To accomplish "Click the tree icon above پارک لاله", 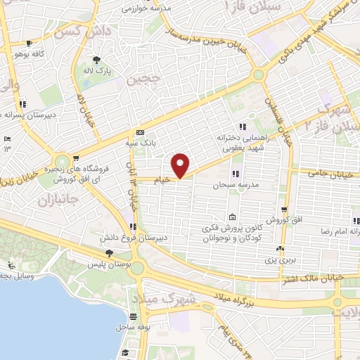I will (x=96, y=60).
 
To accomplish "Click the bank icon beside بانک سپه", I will (x=140, y=131).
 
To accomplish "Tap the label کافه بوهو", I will (x=35, y=52).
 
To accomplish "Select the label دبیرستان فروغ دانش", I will (x=162, y=238).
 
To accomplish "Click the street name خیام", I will (x=162, y=180).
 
